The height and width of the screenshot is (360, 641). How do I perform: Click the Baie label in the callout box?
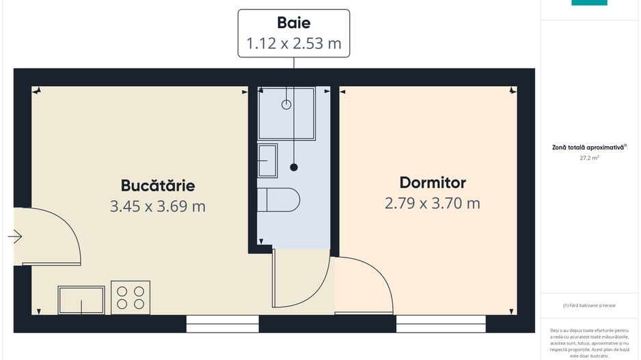click(294, 23)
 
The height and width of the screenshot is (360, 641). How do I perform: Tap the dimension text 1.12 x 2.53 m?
click(294, 43)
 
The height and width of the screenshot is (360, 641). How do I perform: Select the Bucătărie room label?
click(158, 186)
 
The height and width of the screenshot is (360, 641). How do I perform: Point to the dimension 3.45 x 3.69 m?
click(157, 206)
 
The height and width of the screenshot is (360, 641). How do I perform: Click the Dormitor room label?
click(433, 182)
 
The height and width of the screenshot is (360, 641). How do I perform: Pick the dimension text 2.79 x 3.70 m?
click(433, 203)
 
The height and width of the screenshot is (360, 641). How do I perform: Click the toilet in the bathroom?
click(278, 200)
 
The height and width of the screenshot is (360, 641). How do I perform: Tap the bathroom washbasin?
click(268, 161)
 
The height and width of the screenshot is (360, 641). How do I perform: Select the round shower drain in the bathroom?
click(286, 105)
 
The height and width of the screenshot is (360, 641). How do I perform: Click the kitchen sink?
click(81, 300)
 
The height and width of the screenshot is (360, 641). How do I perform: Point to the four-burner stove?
click(131, 297)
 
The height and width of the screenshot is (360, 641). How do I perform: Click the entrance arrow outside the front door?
click(15, 236)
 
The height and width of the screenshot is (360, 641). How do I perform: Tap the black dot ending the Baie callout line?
click(294, 167)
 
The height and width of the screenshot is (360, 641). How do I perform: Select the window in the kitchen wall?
click(222, 323)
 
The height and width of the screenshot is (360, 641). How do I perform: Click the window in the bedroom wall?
click(441, 323)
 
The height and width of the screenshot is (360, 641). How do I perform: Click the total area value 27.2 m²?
click(589, 158)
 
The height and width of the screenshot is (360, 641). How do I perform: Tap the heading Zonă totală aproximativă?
click(588, 147)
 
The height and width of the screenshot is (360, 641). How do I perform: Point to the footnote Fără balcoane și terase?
click(589, 305)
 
